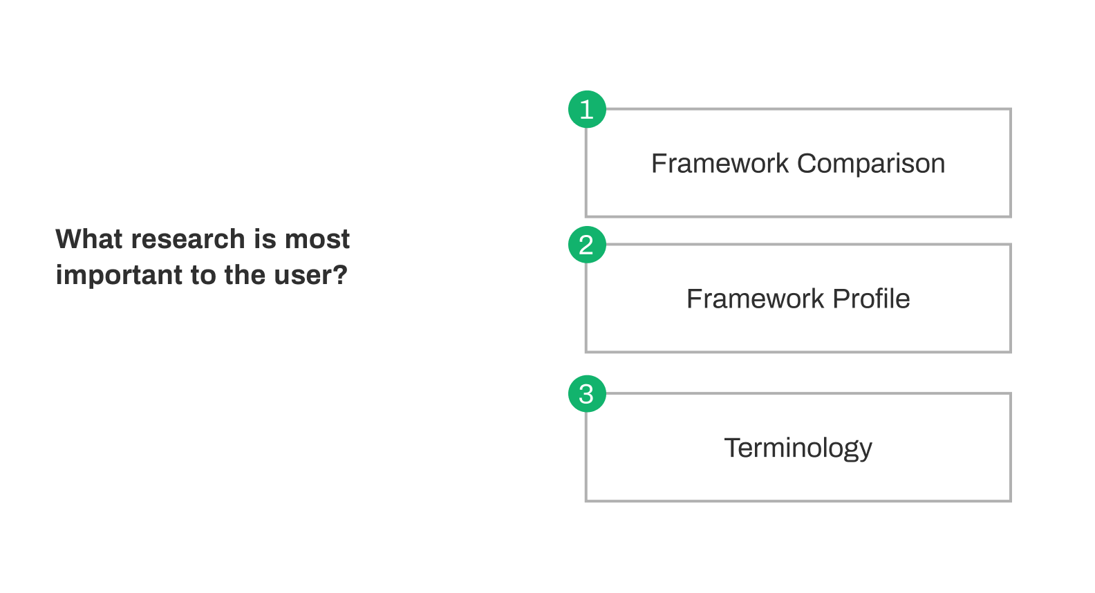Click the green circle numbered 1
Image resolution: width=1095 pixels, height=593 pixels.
click(x=587, y=109)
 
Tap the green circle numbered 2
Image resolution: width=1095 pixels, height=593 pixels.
click(x=587, y=245)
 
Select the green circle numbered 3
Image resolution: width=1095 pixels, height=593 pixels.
click(x=587, y=393)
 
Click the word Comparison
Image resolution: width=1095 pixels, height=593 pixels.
click(x=871, y=164)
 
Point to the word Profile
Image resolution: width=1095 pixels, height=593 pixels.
click(x=872, y=299)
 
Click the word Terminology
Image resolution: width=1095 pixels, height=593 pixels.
click(x=798, y=449)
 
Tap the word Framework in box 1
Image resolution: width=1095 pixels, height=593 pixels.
click(x=720, y=163)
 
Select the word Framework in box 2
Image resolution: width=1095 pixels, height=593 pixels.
click(x=756, y=299)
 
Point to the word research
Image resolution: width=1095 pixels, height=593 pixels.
click(x=188, y=240)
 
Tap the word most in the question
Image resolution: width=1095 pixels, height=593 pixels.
click(x=317, y=240)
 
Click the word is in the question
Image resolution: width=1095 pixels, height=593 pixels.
click(x=265, y=239)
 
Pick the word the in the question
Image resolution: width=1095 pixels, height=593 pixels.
click(x=245, y=275)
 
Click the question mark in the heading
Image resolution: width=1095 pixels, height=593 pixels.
click(x=340, y=275)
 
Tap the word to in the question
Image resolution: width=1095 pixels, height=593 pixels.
click(x=203, y=276)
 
